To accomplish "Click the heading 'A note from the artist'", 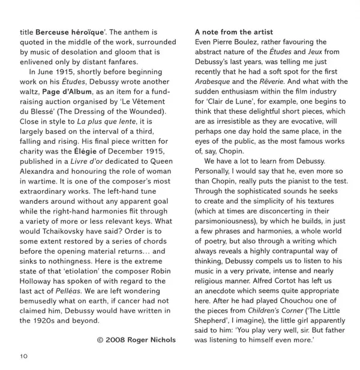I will (234, 32).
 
